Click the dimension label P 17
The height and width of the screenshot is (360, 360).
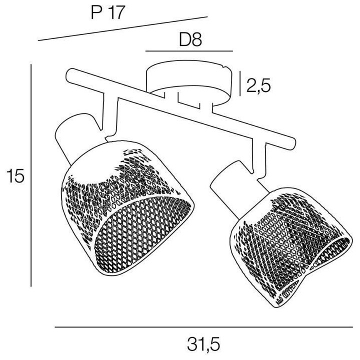[108, 12]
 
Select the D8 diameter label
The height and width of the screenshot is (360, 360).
[190, 39]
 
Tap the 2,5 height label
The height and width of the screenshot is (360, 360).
[259, 85]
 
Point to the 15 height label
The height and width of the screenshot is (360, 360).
[15, 176]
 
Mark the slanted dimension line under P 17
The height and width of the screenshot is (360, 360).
[123, 28]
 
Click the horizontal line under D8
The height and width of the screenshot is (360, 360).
[189, 51]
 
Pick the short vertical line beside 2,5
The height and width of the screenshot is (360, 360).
[240, 83]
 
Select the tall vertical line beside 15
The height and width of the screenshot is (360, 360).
[31, 175]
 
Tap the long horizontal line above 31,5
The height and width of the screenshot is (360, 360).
[204, 327]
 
